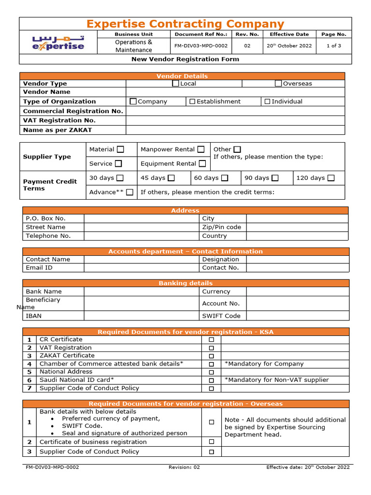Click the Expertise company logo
coord(58,43)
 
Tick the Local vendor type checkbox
coord(176,84)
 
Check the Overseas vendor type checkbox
coord(278,84)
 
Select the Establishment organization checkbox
coord(192,102)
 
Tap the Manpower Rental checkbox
coord(201,149)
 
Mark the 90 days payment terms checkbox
coord(275,178)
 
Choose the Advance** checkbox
coord(129,192)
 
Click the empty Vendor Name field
coord(235,92)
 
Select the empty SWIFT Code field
coord(297,316)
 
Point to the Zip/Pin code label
coord(221,227)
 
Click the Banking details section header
coord(185,283)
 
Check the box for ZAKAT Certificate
coord(211,356)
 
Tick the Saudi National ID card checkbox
coord(211,380)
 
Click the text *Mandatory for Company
coord(264,364)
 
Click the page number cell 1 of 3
coord(334,46)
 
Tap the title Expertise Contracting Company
coord(185,24)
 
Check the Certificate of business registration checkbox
coord(211,442)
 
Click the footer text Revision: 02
coord(184,467)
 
